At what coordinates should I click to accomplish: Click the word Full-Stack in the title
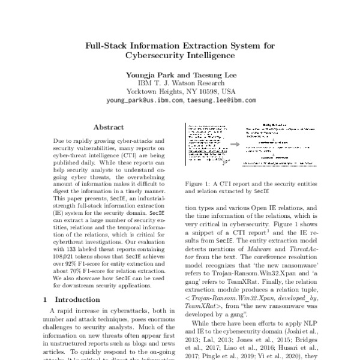pos(107,44)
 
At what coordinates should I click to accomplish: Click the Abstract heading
pos(109,127)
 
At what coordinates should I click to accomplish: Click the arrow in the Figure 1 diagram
pos(236,145)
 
